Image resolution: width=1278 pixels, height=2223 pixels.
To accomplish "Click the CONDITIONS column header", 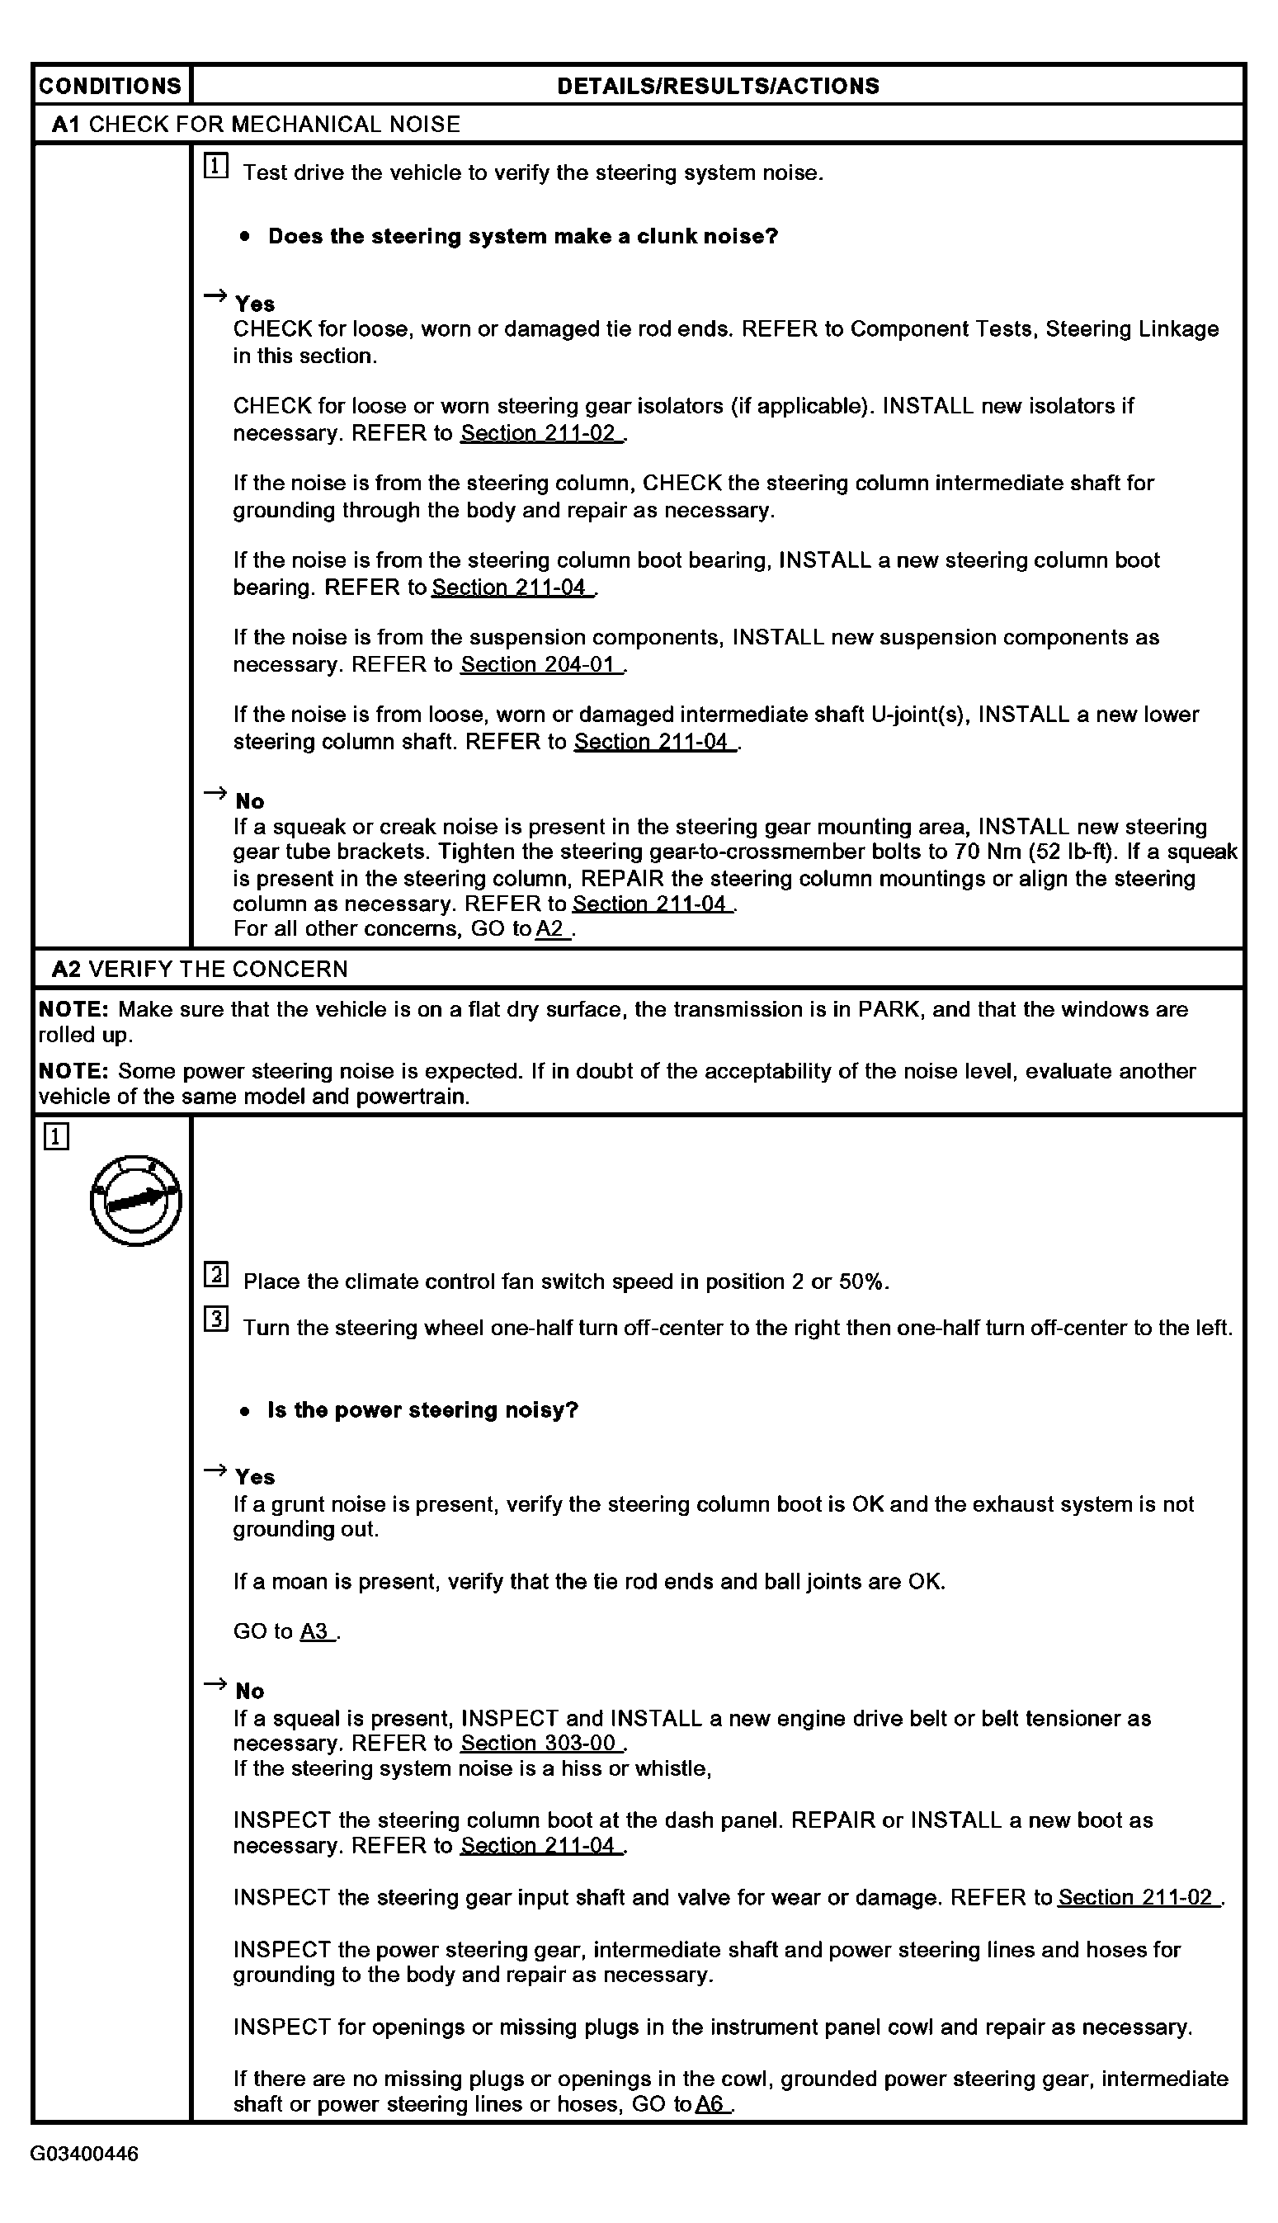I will click(110, 86).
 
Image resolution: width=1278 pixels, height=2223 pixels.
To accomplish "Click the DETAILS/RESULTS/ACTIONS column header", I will click(717, 86).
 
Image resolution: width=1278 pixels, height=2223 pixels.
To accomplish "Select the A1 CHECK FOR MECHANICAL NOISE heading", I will click(256, 125).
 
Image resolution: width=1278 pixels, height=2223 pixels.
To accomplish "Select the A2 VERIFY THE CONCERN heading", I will click(199, 969).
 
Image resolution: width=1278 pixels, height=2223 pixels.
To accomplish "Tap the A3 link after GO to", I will click(317, 1631).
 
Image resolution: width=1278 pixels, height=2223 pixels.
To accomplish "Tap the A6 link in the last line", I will click(712, 2103).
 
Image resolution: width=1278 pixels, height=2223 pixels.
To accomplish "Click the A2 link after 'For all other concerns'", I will click(552, 929).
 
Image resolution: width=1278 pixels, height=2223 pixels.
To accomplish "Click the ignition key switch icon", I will click(136, 1200).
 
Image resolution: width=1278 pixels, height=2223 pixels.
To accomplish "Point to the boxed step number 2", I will click(216, 1274).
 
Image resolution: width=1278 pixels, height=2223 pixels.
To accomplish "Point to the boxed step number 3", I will click(216, 1319).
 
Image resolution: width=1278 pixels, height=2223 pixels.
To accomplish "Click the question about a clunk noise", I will click(522, 236).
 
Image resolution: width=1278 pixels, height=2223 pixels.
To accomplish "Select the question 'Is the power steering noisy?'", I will click(422, 1410).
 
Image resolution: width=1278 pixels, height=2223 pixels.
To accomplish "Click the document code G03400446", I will click(84, 2155).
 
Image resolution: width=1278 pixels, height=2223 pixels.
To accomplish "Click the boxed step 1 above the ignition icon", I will click(55, 1137).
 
